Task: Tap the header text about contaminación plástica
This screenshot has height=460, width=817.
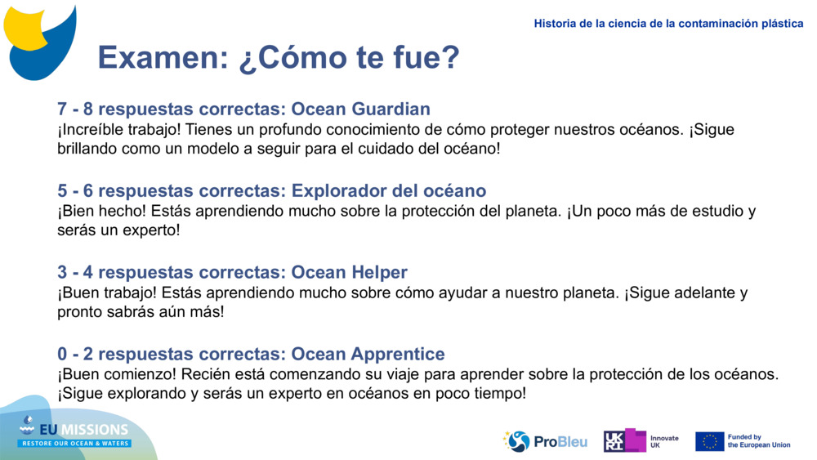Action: point(668,24)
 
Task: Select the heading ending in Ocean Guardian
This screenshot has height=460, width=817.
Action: point(243,109)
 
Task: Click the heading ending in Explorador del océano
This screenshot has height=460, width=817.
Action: point(271,190)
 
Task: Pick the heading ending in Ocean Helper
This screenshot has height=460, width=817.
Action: point(232,272)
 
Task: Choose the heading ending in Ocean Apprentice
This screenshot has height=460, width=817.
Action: point(251,354)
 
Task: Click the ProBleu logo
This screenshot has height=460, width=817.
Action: point(545,441)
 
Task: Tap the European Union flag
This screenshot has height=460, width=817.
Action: point(709,441)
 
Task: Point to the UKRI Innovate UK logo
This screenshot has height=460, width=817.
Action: point(641,441)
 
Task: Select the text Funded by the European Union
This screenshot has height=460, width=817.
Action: point(758,441)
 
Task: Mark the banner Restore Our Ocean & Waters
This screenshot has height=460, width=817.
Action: point(75,443)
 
